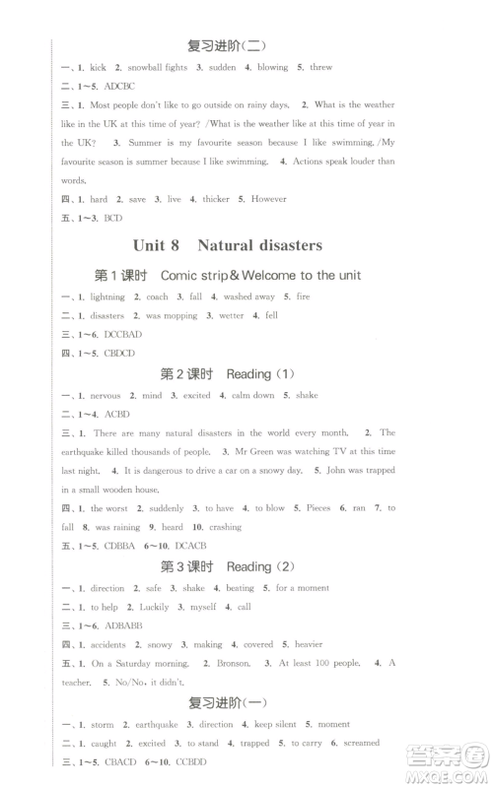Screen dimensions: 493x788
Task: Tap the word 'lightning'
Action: coord(107,296)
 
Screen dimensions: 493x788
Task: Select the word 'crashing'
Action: coord(226,527)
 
